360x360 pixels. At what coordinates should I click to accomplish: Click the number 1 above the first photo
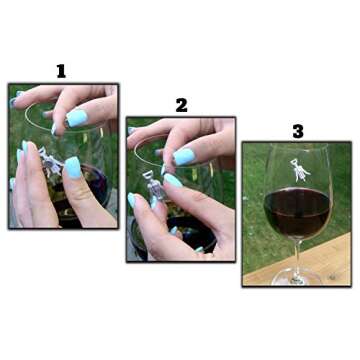click(x=61, y=71)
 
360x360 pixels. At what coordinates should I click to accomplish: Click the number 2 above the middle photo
click(x=181, y=105)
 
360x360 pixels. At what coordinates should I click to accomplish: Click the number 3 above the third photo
click(x=297, y=130)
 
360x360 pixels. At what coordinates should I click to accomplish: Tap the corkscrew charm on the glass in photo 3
click(x=298, y=168)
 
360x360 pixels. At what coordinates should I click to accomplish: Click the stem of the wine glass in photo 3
click(x=297, y=254)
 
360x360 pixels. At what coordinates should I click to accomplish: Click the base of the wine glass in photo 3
click(x=297, y=277)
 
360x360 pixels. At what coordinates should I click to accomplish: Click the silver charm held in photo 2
click(x=149, y=184)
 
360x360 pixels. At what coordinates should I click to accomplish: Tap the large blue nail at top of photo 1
click(x=77, y=117)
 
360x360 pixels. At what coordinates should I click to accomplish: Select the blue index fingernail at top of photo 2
click(x=183, y=156)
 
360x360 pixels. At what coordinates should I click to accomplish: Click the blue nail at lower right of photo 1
click(x=73, y=167)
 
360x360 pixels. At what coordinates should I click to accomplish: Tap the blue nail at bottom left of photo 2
click(x=133, y=200)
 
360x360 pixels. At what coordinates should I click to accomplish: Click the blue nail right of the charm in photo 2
click(x=173, y=181)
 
